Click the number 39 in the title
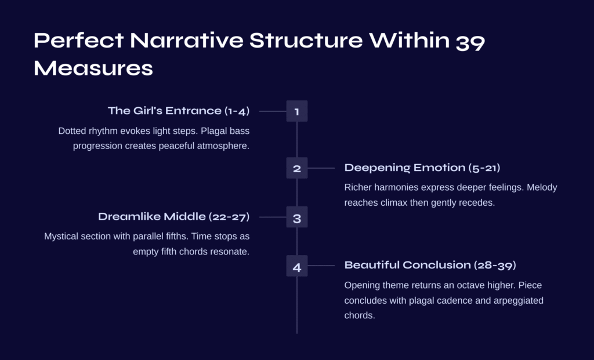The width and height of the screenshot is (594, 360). pyautogui.click(x=470, y=41)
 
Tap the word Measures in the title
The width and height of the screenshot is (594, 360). pyautogui.click(x=93, y=68)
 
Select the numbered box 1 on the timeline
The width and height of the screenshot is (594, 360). pyautogui.click(x=297, y=111)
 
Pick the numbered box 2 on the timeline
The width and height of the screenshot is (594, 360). pyautogui.click(x=297, y=168)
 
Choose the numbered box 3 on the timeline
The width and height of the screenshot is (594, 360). pyautogui.click(x=297, y=217)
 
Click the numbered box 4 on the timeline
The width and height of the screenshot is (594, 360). pyautogui.click(x=297, y=266)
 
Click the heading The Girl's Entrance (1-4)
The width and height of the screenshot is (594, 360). pyautogui.click(x=179, y=111)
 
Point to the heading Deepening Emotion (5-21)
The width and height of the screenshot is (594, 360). pyautogui.click(x=422, y=168)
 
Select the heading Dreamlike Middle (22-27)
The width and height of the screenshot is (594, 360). pyautogui.click(x=174, y=217)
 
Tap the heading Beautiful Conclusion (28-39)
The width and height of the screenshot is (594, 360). pyautogui.click(x=430, y=265)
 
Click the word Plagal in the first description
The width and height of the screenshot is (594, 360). pyautogui.click(x=214, y=131)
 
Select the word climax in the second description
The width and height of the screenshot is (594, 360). pyautogui.click(x=394, y=202)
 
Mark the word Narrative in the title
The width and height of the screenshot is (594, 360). pyautogui.click(x=186, y=40)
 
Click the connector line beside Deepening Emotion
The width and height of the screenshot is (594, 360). pyautogui.click(x=321, y=168)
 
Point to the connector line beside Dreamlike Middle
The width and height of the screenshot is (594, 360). pyautogui.click(x=273, y=217)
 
